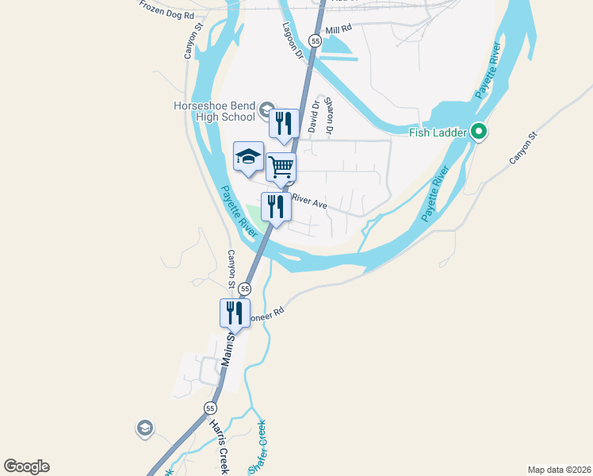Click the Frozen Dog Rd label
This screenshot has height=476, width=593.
click(166, 10)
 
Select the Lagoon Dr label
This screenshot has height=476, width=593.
click(293, 40)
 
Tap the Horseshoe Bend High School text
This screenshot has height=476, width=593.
click(215, 111)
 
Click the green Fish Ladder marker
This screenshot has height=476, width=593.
click(479, 132)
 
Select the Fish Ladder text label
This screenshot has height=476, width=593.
click(438, 132)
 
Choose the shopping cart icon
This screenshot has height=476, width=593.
click(281, 167)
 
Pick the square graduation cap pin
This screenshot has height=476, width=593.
click(248, 156)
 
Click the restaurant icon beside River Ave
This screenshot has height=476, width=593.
click(275, 206)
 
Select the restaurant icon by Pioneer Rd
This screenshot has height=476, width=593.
click(235, 312)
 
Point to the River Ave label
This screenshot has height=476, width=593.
click(310, 202)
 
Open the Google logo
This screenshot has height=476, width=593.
click(26, 466)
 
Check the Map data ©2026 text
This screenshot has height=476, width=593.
click(559, 469)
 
